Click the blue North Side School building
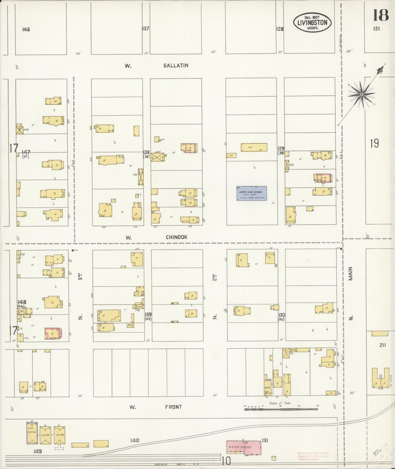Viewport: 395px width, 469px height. (251, 193)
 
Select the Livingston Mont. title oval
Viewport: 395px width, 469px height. (312, 22)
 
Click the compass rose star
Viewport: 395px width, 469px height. (362, 95)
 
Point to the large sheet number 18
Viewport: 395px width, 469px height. (381, 15)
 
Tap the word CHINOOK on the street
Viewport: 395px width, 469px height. (177, 237)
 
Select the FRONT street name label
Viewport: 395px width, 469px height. (173, 407)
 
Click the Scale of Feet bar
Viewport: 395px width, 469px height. (281, 409)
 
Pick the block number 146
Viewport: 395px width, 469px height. (26, 29)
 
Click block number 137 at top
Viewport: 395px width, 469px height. (146, 28)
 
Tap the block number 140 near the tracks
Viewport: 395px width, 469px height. (135, 440)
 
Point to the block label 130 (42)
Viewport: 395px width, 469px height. (282, 317)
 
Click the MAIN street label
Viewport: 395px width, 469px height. (350, 274)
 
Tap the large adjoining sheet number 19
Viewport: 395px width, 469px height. (374, 143)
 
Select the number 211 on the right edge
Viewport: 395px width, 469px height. (382, 345)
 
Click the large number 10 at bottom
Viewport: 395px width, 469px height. (227, 461)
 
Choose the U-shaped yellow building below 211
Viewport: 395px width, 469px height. (380, 378)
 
